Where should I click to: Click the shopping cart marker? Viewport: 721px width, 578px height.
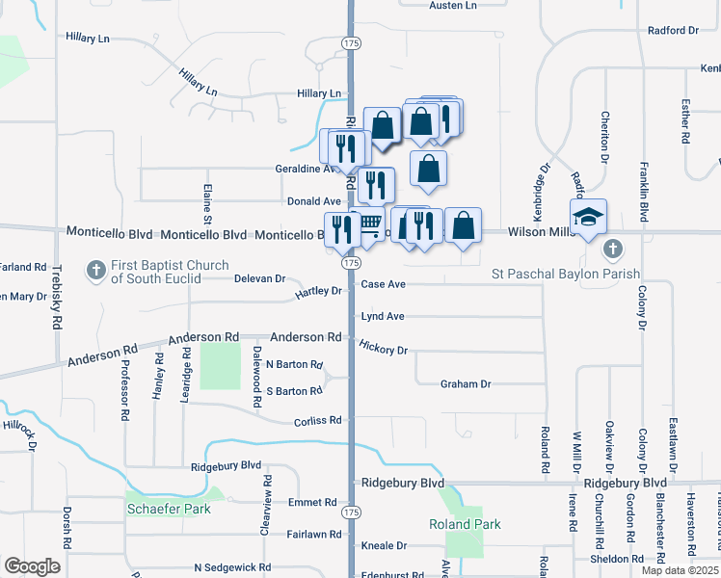coord(371,225)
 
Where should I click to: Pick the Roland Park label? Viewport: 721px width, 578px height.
coord(465,524)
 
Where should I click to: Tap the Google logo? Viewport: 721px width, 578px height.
coord(32,566)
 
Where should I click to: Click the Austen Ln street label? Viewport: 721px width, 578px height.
coord(453,6)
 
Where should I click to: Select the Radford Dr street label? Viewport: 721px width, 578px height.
coord(673,31)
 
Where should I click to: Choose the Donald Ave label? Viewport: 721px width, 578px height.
coord(314,201)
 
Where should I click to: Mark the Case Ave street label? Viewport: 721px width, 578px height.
coord(383,284)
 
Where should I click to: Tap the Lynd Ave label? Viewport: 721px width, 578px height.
coord(383,316)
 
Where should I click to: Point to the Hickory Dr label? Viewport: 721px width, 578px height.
coord(384,347)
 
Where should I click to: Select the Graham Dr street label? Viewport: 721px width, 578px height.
coord(466,384)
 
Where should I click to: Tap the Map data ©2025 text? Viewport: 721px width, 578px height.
coord(680,570)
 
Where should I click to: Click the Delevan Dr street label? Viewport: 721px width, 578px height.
coord(260,278)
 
